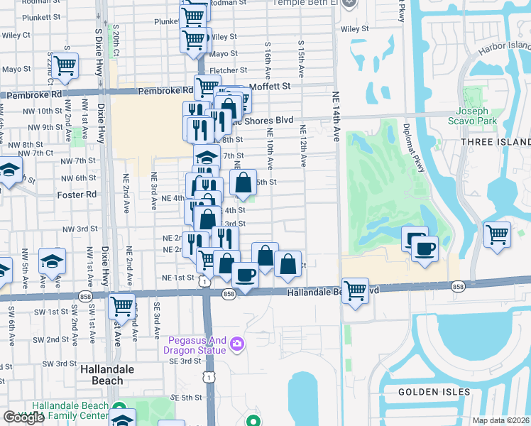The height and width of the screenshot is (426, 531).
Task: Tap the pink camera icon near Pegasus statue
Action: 237,345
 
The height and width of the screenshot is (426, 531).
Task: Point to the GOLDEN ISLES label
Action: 424,392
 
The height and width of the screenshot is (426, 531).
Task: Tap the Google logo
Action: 23,417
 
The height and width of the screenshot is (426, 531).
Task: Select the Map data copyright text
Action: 501,420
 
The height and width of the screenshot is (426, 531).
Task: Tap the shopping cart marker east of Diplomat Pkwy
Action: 498,234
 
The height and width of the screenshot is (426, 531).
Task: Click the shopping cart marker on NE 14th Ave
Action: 355,289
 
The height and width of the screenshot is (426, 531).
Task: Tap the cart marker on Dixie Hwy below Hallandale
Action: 122,306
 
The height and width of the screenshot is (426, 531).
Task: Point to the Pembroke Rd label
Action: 165,90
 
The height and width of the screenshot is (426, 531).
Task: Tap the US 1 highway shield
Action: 204,282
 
